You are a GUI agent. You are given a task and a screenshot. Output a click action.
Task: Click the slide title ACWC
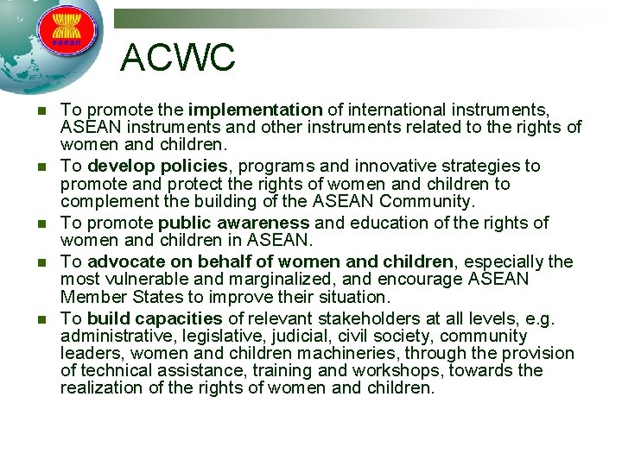[x=177, y=58]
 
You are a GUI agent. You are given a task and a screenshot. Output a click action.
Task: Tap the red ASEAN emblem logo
[x=67, y=28]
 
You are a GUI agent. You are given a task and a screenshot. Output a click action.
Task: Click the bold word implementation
[x=255, y=110]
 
